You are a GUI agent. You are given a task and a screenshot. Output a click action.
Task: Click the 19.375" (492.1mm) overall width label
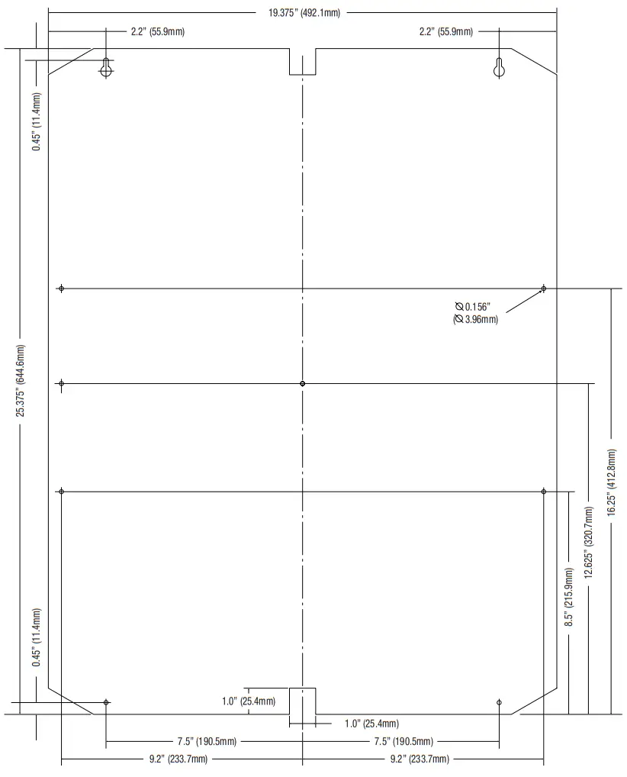click(304, 12)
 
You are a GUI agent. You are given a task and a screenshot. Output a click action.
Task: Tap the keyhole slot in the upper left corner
click(108, 68)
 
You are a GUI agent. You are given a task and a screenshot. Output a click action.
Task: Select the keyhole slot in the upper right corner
click(499, 68)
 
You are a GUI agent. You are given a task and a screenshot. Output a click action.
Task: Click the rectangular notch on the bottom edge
click(302, 701)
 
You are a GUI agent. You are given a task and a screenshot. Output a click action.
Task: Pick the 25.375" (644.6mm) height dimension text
click(22, 379)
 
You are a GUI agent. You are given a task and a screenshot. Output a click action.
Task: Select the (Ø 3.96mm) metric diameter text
click(475, 320)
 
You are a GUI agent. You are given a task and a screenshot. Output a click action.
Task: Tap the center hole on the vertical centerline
click(303, 383)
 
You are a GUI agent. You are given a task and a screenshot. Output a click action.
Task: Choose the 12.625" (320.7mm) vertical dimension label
click(588, 541)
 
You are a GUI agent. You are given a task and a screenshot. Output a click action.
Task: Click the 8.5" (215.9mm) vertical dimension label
click(568, 596)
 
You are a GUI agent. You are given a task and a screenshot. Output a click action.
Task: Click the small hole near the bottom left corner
click(106, 702)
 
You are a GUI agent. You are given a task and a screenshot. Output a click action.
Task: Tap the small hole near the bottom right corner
click(499, 702)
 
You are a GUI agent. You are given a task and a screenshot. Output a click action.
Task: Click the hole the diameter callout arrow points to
click(543, 289)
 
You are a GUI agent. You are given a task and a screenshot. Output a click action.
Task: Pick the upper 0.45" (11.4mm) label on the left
click(37, 121)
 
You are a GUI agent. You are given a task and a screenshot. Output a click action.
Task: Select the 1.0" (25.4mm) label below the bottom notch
click(371, 724)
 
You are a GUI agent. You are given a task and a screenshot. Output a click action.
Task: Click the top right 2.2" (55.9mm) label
click(445, 31)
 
